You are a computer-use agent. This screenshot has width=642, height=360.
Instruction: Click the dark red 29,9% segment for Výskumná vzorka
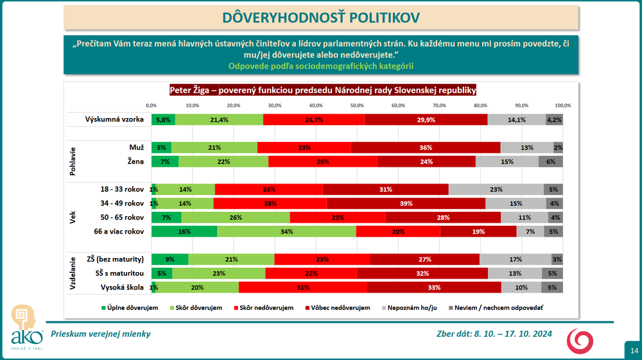(x=426, y=119)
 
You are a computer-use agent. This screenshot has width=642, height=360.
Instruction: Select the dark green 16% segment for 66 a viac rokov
(x=184, y=231)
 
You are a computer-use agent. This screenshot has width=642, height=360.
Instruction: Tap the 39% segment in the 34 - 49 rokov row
(x=406, y=203)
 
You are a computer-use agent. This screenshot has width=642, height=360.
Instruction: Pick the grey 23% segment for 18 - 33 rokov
(x=496, y=189)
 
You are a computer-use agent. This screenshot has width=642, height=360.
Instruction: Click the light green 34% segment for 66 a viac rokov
(x=286, y=231)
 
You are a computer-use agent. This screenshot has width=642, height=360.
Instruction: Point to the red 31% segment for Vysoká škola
(x=303, y=287)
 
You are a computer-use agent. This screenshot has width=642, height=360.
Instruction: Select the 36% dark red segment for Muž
(x=426, y=148)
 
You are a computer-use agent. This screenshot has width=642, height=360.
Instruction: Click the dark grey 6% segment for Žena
(x=551, y=162)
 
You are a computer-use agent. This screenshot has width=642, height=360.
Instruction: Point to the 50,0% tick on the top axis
(x=357, y=105)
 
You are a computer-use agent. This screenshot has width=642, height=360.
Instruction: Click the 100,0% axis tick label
(x=562, y=105)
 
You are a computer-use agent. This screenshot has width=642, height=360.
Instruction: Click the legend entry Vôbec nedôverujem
(x=340, y=308)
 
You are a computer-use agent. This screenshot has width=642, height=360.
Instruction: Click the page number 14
(x=634, y=350)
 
